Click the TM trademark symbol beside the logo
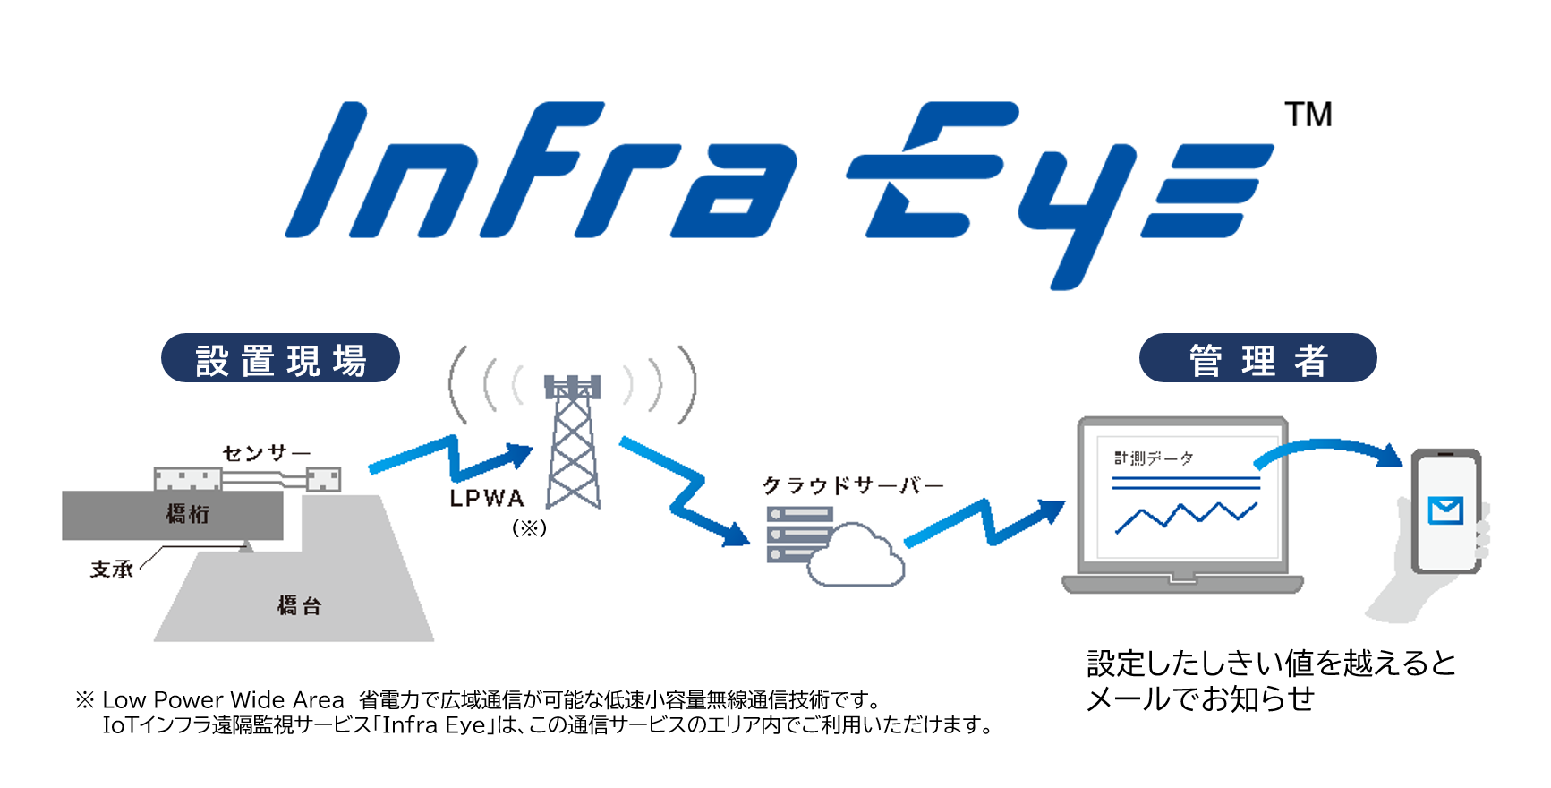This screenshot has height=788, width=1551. coord(1308,115)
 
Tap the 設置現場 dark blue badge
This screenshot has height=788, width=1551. coord(280,359)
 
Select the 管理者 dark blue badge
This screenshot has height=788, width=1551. coord(1257,359)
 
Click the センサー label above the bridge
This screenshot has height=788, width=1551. coord(266,453)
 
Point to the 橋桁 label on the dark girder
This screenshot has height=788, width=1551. coord(188,514)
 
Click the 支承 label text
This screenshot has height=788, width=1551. coord(112,570)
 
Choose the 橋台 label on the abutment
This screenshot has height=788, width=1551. coord(299,606)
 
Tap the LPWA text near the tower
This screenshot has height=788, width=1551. coord(487,499)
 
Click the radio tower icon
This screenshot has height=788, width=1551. coord(573,443)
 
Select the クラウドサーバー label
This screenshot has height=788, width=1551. coord(853,485)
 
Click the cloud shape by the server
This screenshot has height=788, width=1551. coord(856,557)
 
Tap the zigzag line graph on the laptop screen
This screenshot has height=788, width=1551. coord(1185,517)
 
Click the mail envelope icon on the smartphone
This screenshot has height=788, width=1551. coord(1445,510)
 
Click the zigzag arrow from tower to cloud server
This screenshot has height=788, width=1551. coord(686,492)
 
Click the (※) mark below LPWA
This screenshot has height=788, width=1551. coord(529,528)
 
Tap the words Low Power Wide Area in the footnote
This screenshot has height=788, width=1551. coord(223,700)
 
